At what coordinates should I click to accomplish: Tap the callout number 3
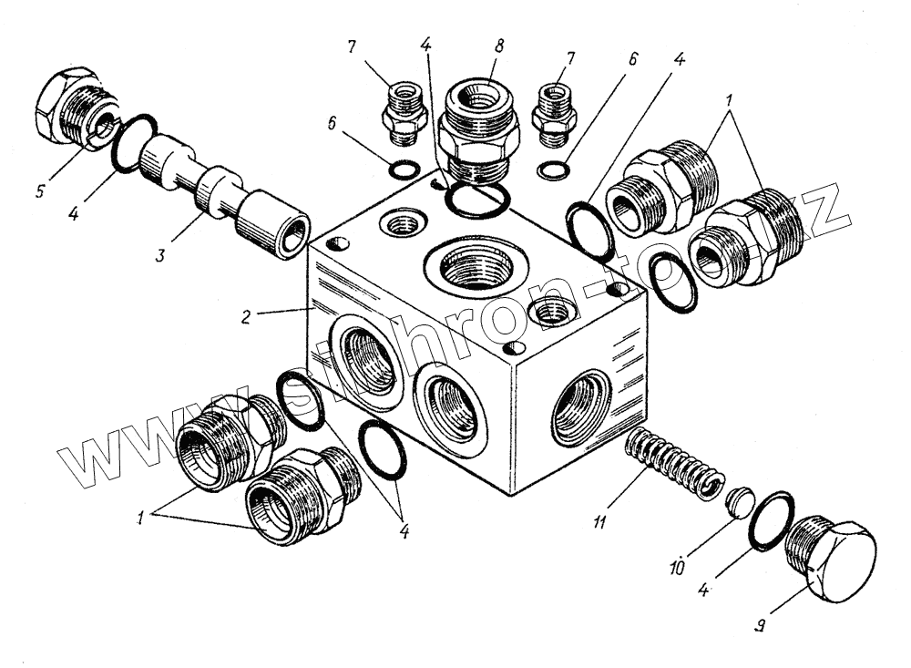click(160, 256)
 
